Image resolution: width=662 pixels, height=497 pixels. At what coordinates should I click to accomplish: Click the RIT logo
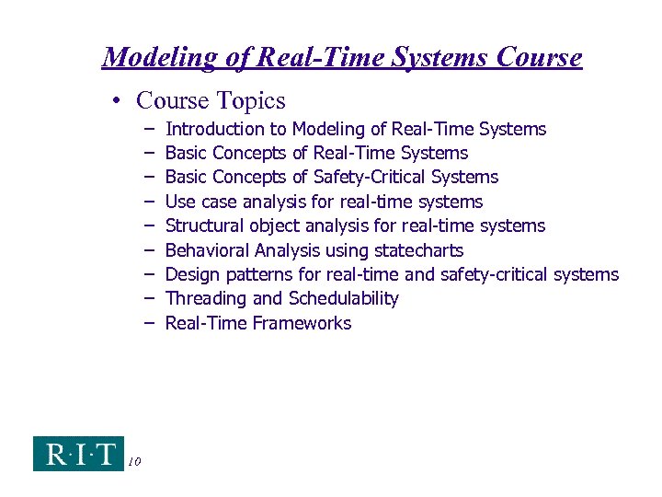[78, 453]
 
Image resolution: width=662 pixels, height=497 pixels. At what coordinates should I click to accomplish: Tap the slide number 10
[134, 461]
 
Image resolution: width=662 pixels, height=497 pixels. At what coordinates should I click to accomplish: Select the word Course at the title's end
[539, 58]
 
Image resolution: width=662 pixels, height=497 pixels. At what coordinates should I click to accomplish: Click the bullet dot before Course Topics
[122, 101]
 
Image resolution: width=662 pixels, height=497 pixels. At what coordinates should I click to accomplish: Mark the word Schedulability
[344, 298]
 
